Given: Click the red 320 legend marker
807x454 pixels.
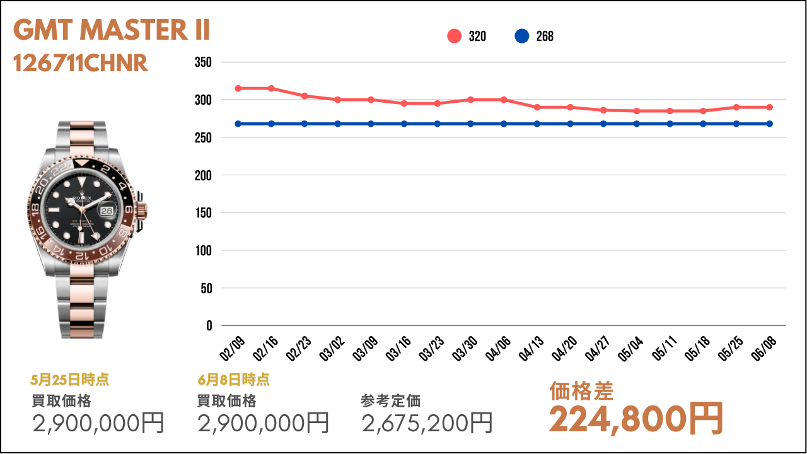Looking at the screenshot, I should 455,37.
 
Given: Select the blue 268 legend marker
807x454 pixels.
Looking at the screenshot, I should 522,37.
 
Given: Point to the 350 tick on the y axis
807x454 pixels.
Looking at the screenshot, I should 203,62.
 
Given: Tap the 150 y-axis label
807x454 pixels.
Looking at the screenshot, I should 203,213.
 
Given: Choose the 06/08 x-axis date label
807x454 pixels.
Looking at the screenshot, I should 765,347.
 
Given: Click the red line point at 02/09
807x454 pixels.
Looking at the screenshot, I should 238,88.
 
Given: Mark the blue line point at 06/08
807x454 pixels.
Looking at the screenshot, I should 770,124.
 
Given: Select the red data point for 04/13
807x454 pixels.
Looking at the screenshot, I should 537,107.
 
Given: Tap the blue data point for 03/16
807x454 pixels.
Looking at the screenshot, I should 404,124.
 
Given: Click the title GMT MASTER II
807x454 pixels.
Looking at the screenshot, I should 112,30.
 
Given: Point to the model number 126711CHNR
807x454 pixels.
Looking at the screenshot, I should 81,63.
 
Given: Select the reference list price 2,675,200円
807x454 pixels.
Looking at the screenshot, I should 427,422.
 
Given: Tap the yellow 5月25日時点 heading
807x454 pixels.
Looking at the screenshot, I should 69,380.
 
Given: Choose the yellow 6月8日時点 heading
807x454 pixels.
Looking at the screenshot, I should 233,380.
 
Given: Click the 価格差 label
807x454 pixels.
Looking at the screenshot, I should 581,391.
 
